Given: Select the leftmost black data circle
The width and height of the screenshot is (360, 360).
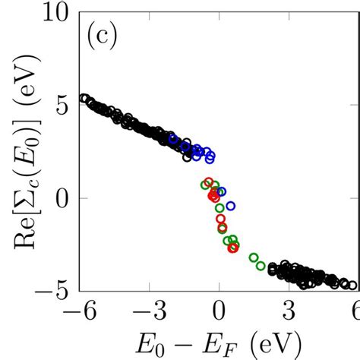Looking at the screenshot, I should click(x=84, y=98).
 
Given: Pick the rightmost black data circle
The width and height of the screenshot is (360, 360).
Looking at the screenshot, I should click(x=352, y=286).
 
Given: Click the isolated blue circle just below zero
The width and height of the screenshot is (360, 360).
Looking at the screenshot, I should click(x=231, y=205).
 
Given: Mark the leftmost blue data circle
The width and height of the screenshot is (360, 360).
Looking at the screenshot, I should click(x=173, y=139).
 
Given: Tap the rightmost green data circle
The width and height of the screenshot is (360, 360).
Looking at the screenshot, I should click(x=261, y=265).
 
